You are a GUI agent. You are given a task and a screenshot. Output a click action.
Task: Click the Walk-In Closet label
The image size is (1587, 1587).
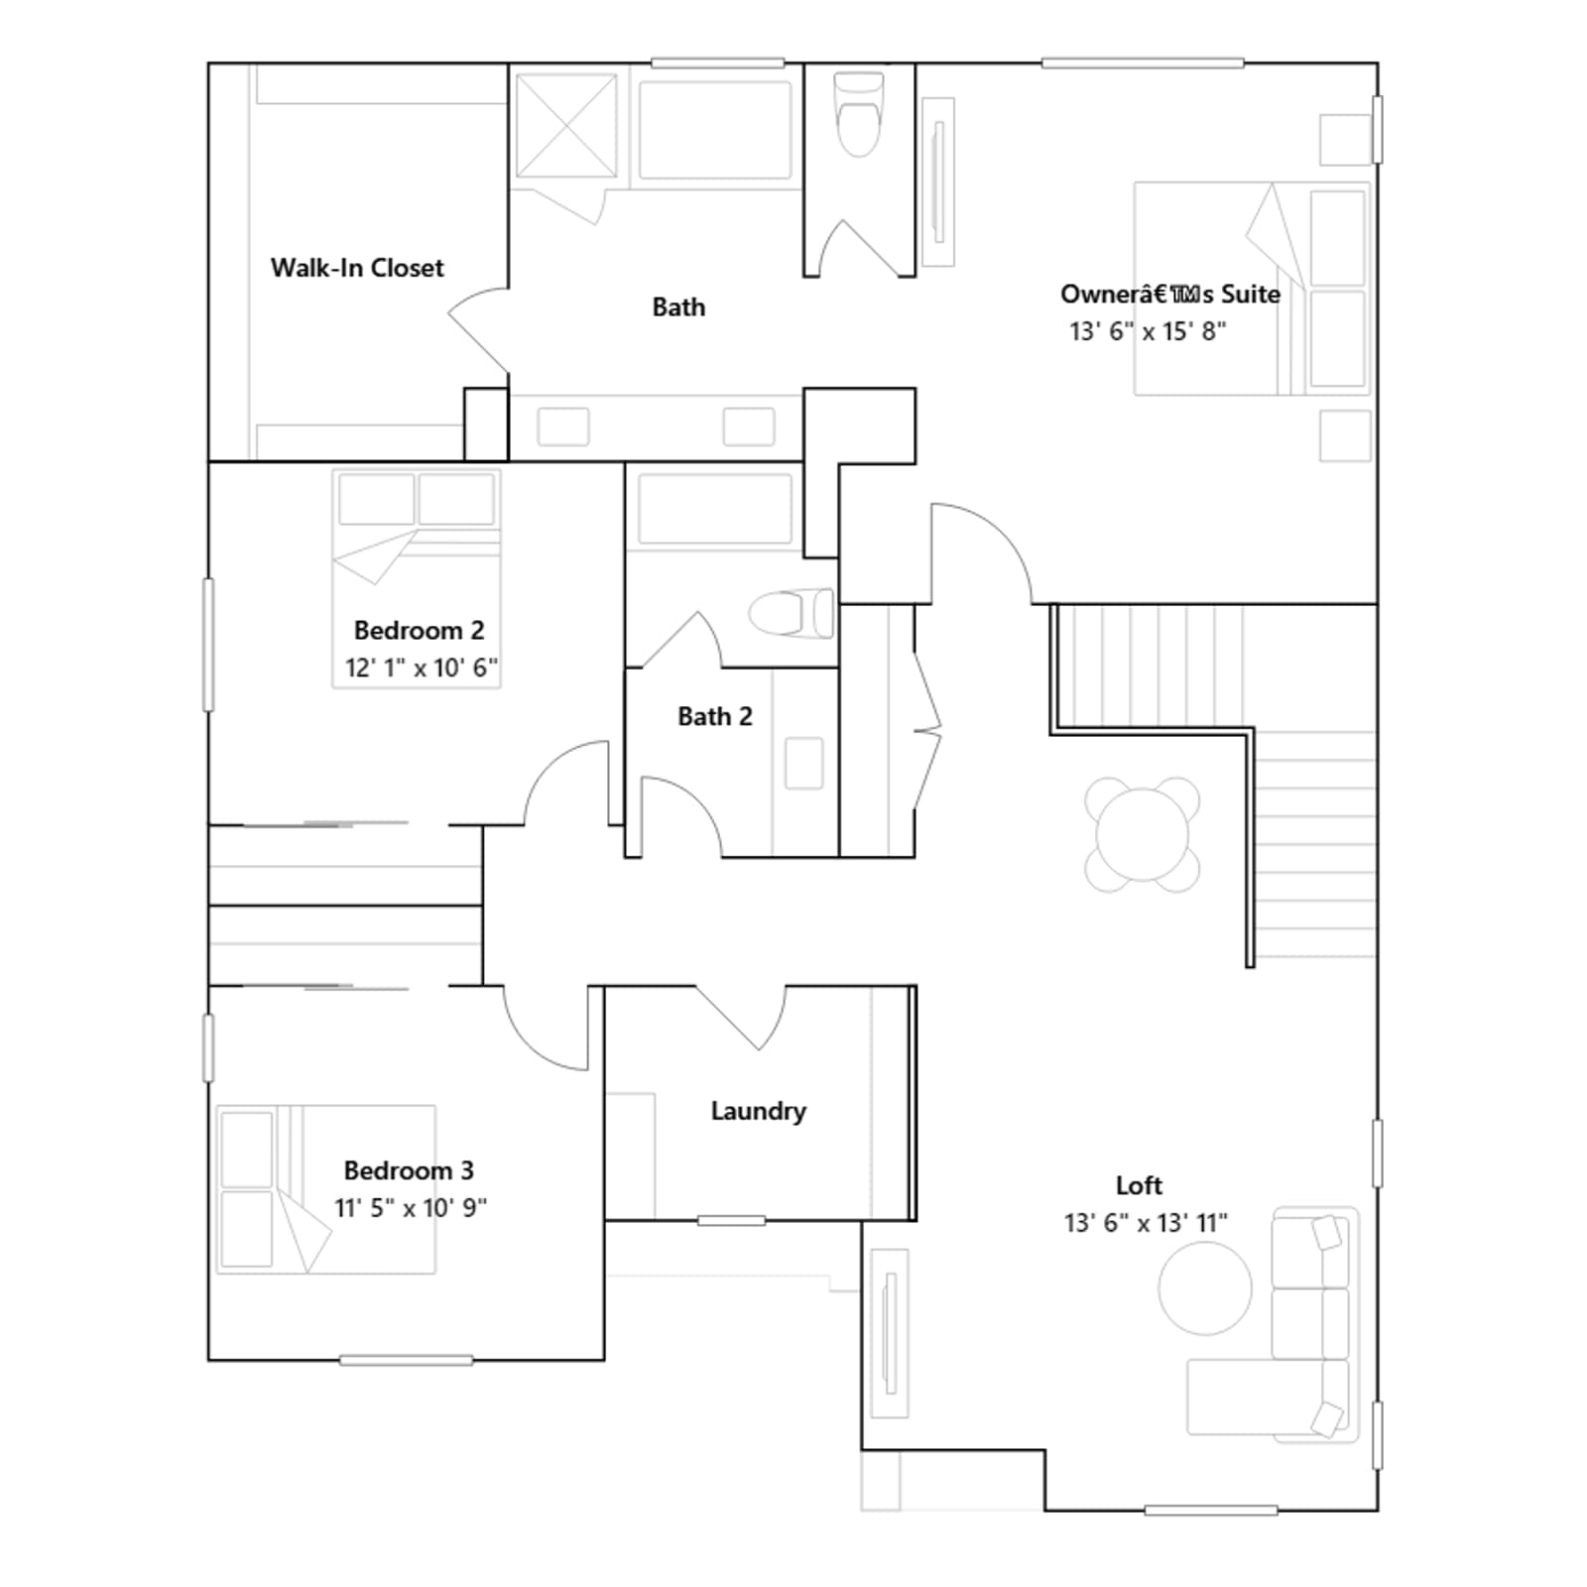coord(357,268)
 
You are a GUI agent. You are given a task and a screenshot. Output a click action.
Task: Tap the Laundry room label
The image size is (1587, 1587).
coord(759,1111)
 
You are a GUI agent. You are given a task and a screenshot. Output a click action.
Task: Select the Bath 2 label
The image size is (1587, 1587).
coord(715,716)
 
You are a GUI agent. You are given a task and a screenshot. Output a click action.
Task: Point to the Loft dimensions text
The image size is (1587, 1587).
coord(1146,1223)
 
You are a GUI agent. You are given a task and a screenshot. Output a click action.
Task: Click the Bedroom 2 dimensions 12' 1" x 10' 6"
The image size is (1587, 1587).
coord(422,668)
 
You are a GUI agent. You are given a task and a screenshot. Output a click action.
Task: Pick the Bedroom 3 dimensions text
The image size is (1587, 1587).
coord(411,1208)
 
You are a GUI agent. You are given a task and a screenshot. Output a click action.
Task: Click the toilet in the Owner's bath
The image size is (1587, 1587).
coord(859,114)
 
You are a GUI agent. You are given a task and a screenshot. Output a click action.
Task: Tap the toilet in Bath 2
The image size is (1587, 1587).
coord(791,613)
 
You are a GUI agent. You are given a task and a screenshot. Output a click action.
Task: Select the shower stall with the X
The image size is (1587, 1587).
coord(566,125)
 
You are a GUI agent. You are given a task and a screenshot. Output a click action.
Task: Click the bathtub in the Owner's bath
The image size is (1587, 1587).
coord(715,130)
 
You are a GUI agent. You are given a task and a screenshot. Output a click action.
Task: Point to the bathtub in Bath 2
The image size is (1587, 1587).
coord(715,509)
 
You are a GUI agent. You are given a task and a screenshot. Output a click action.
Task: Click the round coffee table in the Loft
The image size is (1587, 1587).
coord(1205,1287)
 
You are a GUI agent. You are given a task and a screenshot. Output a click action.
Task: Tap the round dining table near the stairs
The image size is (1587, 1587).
coord(1143,834)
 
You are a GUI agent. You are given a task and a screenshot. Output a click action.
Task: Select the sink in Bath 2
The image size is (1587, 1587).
coord(804,764)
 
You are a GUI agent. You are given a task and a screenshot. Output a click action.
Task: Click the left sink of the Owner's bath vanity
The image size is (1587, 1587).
coord(563,427)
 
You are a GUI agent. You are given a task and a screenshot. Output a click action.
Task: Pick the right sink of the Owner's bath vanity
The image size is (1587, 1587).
coord(749,427)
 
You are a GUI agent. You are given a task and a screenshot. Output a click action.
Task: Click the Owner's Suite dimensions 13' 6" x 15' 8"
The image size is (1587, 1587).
coord(1148,331)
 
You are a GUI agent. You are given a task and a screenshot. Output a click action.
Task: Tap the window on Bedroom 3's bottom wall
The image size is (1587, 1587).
coord(406,1360)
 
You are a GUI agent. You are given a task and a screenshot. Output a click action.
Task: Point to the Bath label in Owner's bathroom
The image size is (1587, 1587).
coord(678,307)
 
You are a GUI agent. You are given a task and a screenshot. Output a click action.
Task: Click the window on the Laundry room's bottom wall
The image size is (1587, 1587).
coord(731,1220)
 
